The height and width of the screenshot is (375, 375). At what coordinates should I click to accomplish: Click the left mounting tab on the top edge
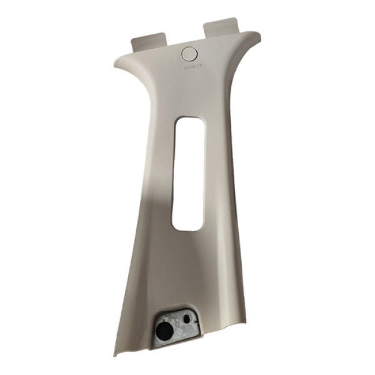click(151, 42)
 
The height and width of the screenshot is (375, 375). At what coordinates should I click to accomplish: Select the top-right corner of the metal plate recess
click(195, 310)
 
